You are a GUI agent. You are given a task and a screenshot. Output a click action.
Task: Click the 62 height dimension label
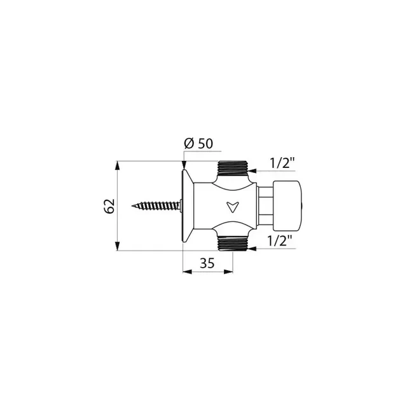(x=109, y=206)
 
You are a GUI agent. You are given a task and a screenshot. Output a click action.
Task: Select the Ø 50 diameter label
(x=197, y=144)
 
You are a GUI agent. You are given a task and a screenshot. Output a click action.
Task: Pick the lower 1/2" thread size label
(x=280, y=241)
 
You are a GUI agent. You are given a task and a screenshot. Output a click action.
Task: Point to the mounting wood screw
(x=158, y=206)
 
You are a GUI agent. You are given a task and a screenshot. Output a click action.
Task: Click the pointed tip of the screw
(x=135, y=206)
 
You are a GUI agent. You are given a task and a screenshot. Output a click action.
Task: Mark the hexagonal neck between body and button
(x=264, y=206)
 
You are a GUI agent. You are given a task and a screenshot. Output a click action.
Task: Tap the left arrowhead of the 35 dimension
(x=186, y=272)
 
